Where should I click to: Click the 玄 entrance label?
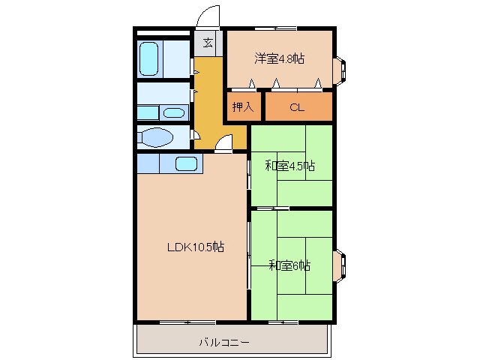(207, 42)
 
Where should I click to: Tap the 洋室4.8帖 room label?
(279, 59)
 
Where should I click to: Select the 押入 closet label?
(243, 106)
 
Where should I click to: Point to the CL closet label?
(297, 106)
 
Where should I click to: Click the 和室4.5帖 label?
(289, 166)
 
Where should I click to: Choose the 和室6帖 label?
(290, 265)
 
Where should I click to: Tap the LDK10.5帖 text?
(194, 246)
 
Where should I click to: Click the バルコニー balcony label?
(224, 342)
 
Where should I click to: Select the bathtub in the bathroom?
(148, 58)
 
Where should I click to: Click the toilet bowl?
(157, 138)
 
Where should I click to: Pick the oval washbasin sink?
(174, 113)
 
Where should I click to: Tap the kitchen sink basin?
(186, 163)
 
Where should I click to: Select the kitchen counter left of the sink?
(148, 163)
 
